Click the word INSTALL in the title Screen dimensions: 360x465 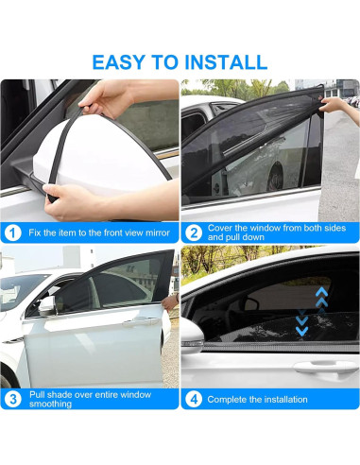point(226,62)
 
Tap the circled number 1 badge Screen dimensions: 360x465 point(12,232)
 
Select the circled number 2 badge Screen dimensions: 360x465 point(194,232)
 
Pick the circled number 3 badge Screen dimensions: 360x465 point(12,399)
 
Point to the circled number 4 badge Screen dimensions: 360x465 point(194,399)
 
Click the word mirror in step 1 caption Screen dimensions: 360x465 point(158,232)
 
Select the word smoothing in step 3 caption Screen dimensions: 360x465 point(50,404)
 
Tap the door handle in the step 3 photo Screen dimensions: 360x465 point(141,321)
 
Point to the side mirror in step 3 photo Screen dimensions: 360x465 point(47,304)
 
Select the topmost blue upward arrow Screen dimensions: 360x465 point(321,293)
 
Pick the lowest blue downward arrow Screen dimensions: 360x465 point(301,331)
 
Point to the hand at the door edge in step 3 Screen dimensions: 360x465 point(170,302)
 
